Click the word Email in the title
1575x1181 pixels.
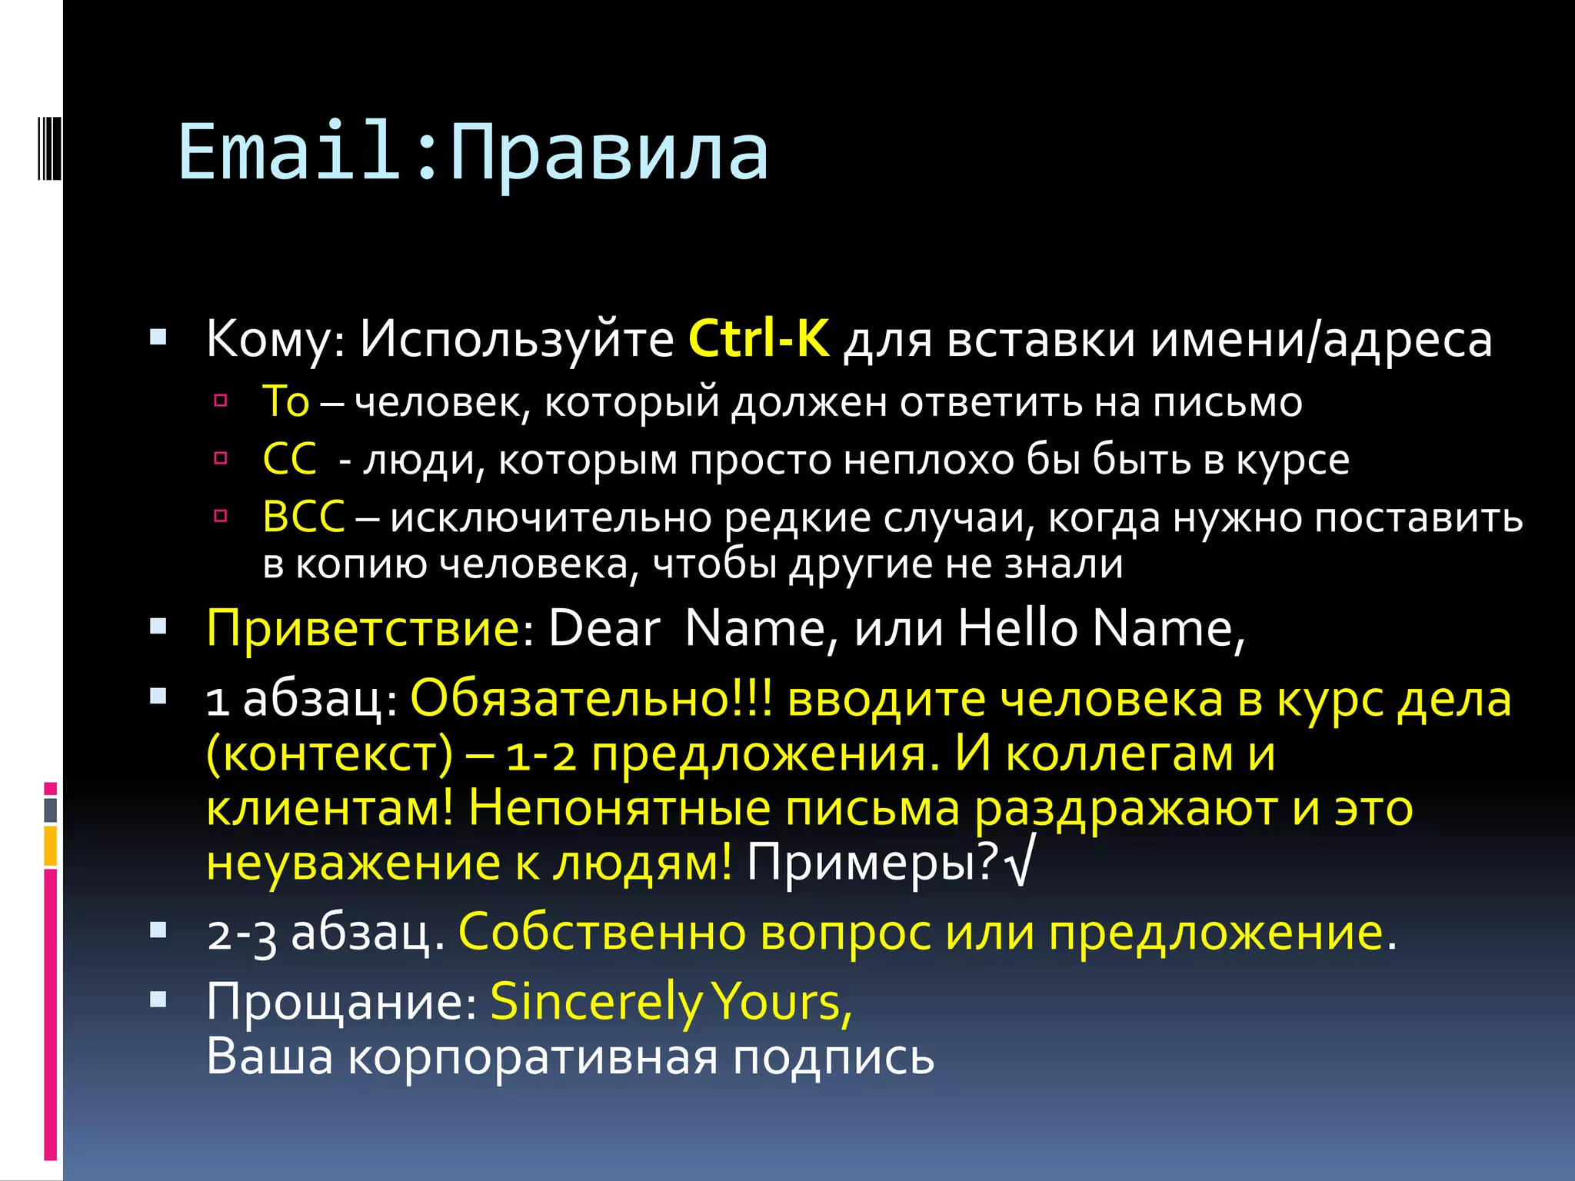(x=289, y=151)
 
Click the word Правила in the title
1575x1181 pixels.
(x=609, y=154)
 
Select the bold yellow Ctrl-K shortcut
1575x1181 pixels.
(x=759, y=338)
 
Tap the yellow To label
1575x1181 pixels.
(x=285, y=401)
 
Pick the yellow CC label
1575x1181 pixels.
(x=289, y=460)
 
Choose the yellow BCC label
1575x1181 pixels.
(x=304, y=517)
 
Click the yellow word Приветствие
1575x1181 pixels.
(x=364, y=628)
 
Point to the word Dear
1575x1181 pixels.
(x=604, y=628)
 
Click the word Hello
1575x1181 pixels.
(x=1017, y=628)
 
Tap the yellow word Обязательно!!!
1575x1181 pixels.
(x=591, y=700)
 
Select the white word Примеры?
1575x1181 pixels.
(x=873, y=863)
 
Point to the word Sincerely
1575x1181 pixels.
(x=596, y=1002)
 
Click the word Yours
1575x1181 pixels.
(x=781, y=1002)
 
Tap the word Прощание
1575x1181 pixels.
(x=341, y=1002)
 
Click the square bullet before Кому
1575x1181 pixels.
(x=158, y=337)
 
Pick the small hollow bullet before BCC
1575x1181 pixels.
(x=221, y=516)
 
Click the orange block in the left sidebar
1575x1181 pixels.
(x=51, y=846)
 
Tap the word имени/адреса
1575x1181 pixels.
(x=1321, y=338)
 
